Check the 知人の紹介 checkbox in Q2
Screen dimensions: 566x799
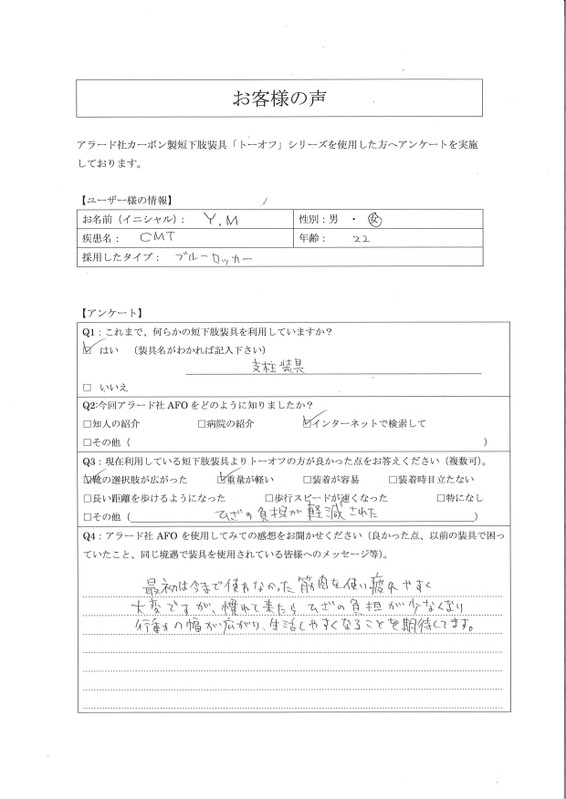(x=87, y=422)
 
